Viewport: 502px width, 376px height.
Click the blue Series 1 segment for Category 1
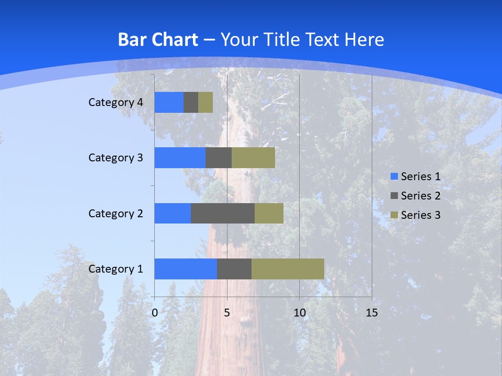click(x=186, y=269)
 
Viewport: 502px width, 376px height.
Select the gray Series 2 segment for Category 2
click(x=223, y=213)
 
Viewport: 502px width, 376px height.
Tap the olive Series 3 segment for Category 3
click(x=253, y=158)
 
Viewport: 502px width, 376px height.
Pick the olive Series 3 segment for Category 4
click(x=206, y=102)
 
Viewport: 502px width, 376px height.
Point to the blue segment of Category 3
click(x=180, y=158)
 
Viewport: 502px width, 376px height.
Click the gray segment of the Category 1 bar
click(x=234, y=269)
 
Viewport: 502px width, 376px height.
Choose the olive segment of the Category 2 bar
click(x=269, y=213)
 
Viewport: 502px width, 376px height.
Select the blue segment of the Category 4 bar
click(x=169, y=102)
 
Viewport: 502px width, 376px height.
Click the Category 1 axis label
click(x=116, y=269)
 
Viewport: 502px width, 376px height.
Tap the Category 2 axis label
click(x=116, y=213)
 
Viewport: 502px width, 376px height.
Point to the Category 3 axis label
click(x=116, y=158)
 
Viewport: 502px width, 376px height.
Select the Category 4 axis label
click(x=116, y=102)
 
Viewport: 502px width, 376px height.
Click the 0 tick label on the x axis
click(x=155, y=313)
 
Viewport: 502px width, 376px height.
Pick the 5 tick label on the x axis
click(x=227, y=313)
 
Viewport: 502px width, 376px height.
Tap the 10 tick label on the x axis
click(x=299, y=313)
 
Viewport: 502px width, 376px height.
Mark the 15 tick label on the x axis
click(x=371, y=313)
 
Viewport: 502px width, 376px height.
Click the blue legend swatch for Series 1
click(x=394, y=177)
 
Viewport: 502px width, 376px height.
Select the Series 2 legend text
click(x=420, y=196)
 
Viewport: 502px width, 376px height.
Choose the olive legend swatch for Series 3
click(x=394, y=215)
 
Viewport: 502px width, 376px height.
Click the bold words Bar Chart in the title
click(x=158, y=40)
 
